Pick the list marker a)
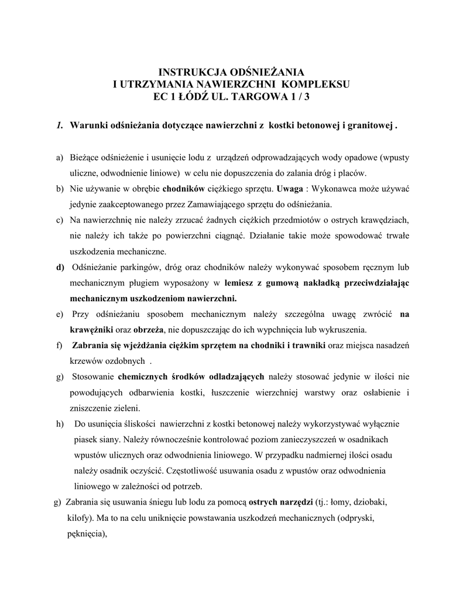click(60, 158)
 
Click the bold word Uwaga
click(291, 189)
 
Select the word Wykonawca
click(342, 189)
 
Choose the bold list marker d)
click(60, 267)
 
